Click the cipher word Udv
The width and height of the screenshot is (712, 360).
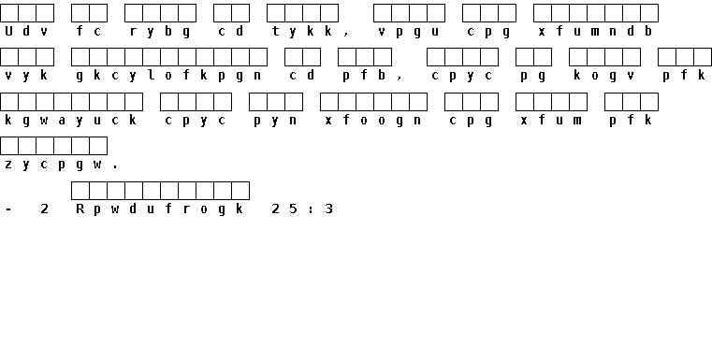tap(26, 31)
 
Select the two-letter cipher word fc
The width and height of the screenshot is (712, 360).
tap(89, 31)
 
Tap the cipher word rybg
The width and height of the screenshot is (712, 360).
tap(160, 32)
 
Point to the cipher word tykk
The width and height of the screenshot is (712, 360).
tap(302, 32)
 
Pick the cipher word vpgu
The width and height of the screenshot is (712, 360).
tap(409, 32)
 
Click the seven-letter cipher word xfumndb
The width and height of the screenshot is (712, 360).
tap(596, 31)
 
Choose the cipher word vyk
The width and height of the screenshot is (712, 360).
tap(26, 76)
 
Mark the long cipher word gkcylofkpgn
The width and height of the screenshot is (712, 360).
tap(169, 76)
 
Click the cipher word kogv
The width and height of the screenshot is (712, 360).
tap(604, 76)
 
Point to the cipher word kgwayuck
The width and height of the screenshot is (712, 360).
tap(71, 121)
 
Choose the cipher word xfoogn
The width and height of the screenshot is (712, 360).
tap(373, 121)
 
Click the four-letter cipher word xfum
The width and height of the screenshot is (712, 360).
tap(551, 121)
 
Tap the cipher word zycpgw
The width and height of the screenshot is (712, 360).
tap(53, 165)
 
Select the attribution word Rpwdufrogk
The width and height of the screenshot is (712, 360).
tap(160, 209)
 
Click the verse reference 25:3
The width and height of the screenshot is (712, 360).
tap(302, 209)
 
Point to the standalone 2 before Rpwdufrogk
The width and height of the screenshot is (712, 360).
tap(45, 209)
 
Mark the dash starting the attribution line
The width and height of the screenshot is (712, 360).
tap(8, 209)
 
